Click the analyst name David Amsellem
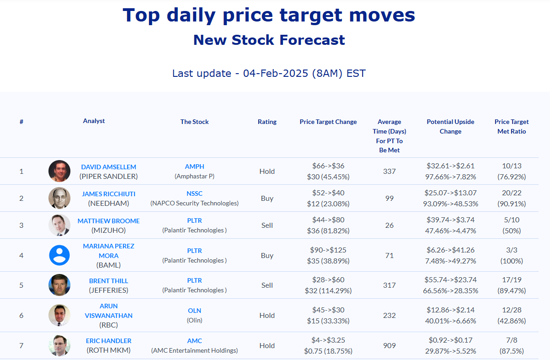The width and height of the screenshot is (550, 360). pos(108,167)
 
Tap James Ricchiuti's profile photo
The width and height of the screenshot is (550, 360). pos(59,198)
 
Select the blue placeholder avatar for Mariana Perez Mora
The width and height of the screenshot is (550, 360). pos(59,255)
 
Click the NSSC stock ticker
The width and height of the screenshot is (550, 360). pos(194,193)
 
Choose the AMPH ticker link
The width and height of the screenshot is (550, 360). pos(194,167)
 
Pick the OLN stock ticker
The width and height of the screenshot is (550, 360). pos(194,311)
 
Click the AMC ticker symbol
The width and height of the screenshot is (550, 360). pos(194,341)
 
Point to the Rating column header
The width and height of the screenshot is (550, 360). pos(267,122)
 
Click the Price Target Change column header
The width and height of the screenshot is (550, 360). pos(328,122)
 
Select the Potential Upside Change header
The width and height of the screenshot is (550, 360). pos(450,127)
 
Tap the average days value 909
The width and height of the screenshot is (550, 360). pos(390,346)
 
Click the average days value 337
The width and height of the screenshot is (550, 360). pos(390,171)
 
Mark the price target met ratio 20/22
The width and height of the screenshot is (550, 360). pos(511,193)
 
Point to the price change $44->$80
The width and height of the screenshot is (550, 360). pos(328,220)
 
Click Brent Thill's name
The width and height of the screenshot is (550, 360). pos(108,281)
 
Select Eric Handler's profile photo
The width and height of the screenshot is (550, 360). pos(59,345)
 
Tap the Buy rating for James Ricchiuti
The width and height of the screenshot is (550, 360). pos(267,198)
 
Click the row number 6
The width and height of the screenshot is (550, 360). pos(21,315)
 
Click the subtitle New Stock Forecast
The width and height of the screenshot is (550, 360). pos(269,40)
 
